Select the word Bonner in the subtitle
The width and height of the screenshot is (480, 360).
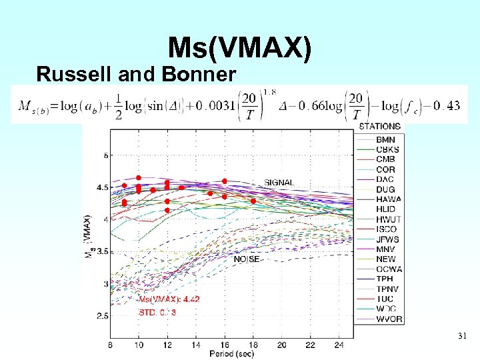(201, 75)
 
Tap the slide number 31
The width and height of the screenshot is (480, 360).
(462, 335)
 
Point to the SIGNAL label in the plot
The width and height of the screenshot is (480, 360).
(279, 182)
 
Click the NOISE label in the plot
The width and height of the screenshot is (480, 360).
(246, 259)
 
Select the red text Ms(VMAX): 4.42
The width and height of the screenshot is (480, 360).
(169, 299)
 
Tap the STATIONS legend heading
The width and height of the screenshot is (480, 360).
(380, 126)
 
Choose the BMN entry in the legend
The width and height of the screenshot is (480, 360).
(385, 139)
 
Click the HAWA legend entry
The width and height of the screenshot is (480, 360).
(389, 199)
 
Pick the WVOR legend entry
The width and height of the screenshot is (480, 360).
(389, 319)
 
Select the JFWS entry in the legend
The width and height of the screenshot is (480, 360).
(387, 239)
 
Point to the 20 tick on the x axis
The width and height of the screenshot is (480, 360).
(281, 345)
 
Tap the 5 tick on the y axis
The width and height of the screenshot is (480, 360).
(105, 155)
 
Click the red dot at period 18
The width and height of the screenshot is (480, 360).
(253, 201)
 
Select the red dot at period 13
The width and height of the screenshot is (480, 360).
(181, 187)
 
